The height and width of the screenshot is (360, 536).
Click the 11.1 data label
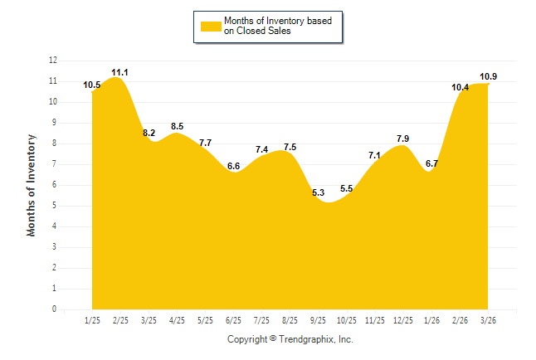[120, 73]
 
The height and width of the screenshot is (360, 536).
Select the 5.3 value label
[319, 192]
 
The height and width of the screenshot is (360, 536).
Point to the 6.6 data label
[233, 166]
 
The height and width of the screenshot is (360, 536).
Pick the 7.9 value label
[403, 139]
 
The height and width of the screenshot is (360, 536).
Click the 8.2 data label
[149, 133]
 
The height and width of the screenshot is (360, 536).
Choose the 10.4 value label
[460, 87]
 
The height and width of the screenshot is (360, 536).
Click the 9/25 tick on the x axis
[319, 319]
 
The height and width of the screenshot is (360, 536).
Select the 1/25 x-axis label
[92, 319]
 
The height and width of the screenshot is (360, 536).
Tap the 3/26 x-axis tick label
[488, 319]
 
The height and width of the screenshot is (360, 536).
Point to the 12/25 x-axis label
[403, 319]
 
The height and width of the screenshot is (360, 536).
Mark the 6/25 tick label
[233, 319]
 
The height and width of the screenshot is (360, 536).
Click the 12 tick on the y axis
[53, 61]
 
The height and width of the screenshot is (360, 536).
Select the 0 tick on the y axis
[55, 309]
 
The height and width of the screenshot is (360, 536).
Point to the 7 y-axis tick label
[55, 164]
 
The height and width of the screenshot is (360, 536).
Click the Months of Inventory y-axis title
[32, 185]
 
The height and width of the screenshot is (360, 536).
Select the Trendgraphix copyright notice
[290, 339]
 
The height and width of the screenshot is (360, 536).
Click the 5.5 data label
[347, 189]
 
